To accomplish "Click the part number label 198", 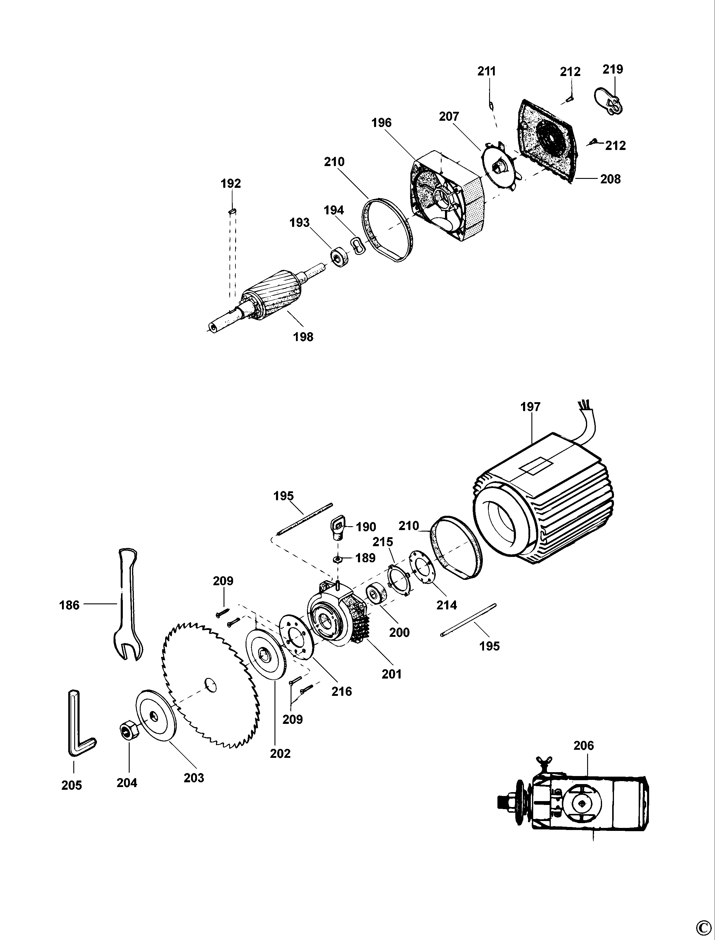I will [x=303, y=337].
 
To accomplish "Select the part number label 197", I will [x=530, y=407].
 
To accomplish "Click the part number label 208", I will [x=610, y=179].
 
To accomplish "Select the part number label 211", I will [x=486, y=71].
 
